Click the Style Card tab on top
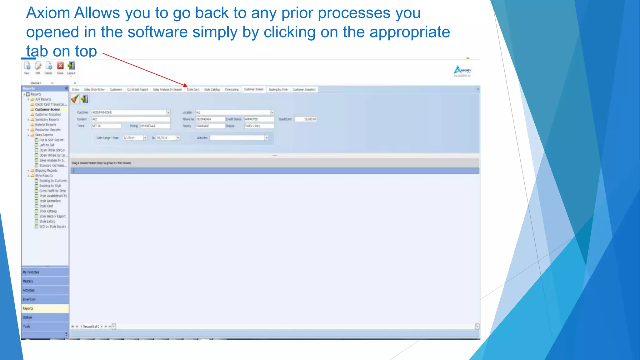tap(193, 89)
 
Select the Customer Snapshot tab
tap(304, 89)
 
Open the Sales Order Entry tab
tap(94, 89)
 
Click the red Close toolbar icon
tap(60, 66)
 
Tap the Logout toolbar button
tap(71, 66)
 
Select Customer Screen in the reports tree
tap(47, 109)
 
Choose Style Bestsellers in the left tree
tap(50, 201)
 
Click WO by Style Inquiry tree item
tap(52, 227)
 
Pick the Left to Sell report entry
tap(47, 145)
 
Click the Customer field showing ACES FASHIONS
tap(129, 112)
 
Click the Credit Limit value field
tap(306, 119)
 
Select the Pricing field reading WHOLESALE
tap(155, 126)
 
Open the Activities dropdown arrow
tap(267, 138)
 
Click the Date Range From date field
tap(133, 138)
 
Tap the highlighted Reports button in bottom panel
tap(45, 308)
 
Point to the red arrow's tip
tap(186, 86)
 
